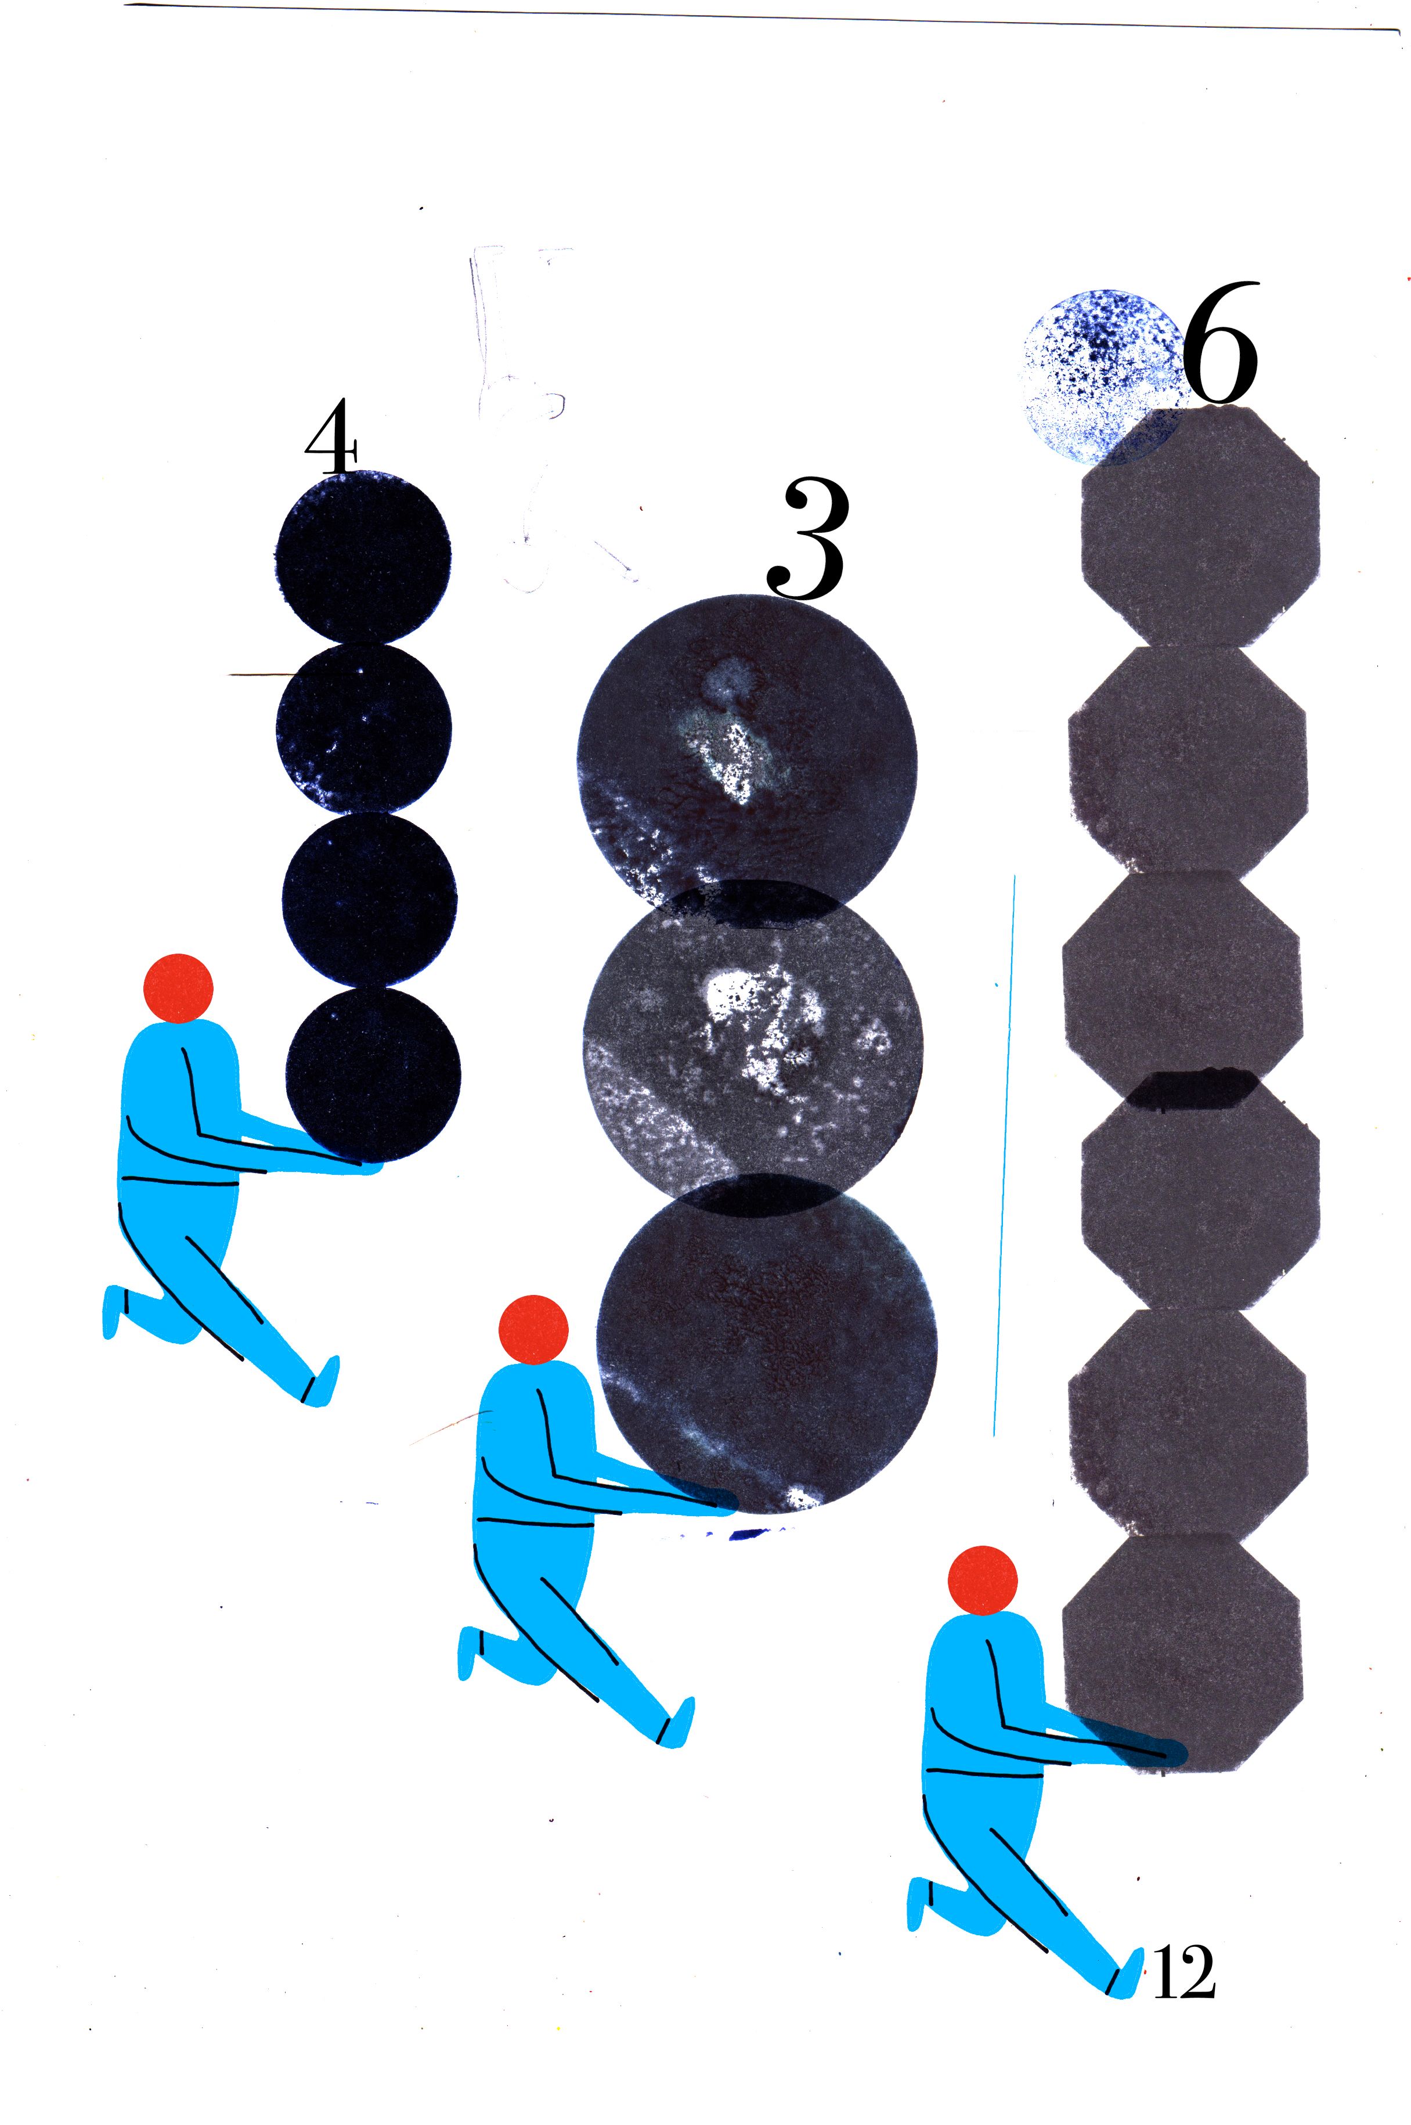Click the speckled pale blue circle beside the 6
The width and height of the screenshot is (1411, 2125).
1103,376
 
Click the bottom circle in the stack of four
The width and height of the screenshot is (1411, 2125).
373,1074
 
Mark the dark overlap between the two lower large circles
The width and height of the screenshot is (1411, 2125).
762,1195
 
